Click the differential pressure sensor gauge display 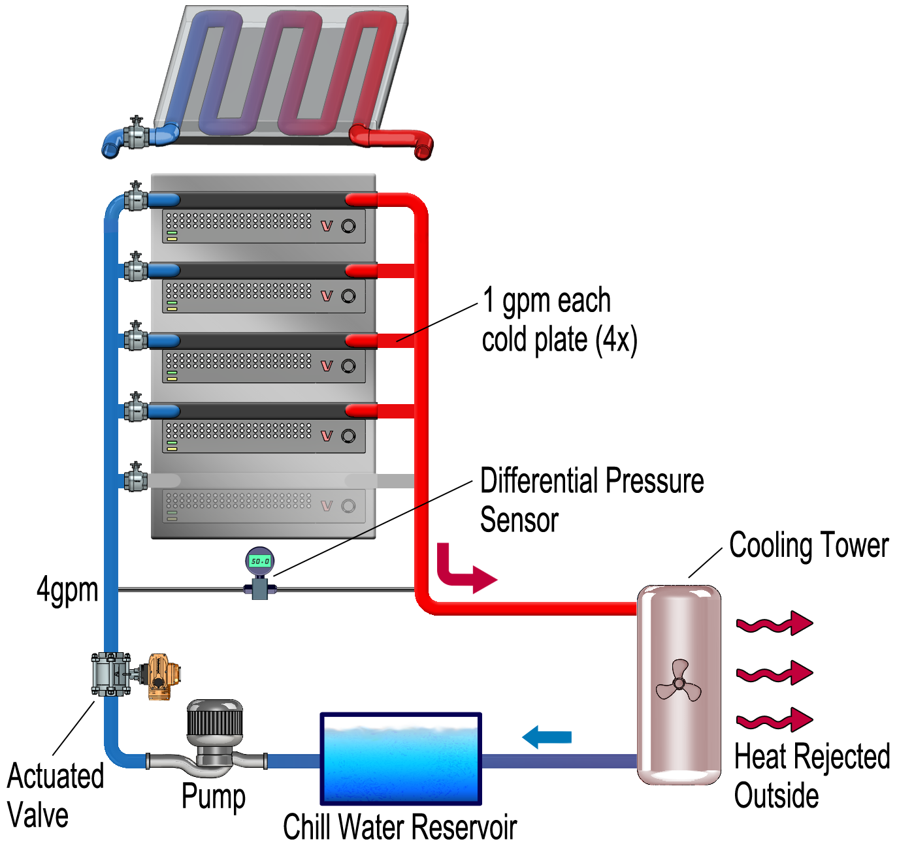coord(259,561)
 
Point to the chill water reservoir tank coord(400,759)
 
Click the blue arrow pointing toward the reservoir coord(547,737)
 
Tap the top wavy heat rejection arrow coord(774,624)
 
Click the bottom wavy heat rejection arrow coord(774,720)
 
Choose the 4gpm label coord(67,590)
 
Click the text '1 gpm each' coord(546,301)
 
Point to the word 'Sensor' coord(519,520)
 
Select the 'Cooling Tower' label coord(808,546)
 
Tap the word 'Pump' coord(213,796)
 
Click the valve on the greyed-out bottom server coord(135,478)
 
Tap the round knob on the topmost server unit coord(348,226)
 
